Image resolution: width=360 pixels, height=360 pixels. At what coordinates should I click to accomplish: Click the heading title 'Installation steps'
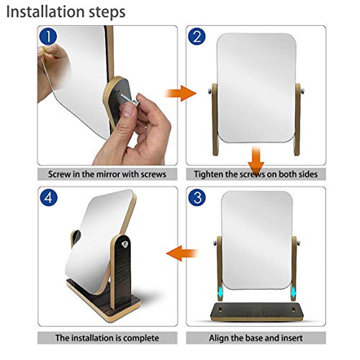pyautogui.click(x=66, y=12)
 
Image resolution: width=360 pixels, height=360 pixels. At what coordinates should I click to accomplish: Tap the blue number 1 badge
pyautogui.click(x=48, y=37)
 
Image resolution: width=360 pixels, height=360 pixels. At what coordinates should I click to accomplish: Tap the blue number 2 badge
pyautogui.click(x=197, y=37)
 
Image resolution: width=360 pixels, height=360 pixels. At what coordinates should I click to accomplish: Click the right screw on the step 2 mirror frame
pyautogui.click(x=301, y=90)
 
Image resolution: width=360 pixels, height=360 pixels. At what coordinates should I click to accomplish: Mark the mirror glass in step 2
pyautogui.click(x=256, y=86)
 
